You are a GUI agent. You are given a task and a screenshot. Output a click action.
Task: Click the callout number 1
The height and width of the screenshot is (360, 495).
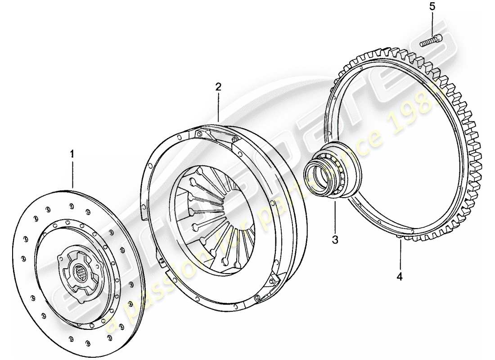pyautogui.click(x=72, y=154)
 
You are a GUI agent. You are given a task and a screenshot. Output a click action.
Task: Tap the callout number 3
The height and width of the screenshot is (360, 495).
pyautogui.click(x=335, y=240)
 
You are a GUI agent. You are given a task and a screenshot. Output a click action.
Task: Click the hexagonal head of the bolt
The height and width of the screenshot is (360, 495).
pyautogui.click(x=438, y=39)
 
